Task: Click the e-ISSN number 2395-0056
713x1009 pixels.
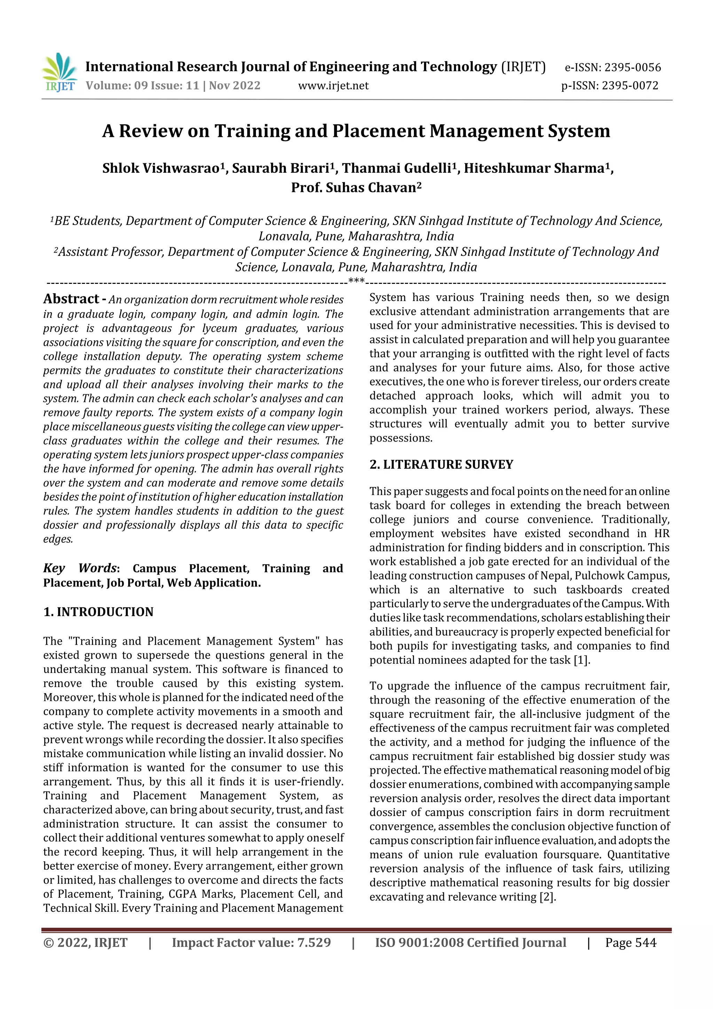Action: (633, 68)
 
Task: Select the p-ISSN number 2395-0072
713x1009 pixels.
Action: (630, 86)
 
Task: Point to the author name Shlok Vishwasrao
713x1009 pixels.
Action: (161, 168)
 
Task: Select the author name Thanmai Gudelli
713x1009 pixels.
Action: (397, 168)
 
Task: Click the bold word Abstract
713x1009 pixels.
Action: (71, 299)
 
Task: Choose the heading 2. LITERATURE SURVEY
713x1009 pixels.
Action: (441, 465)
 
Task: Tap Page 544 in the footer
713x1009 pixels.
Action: (630, 942)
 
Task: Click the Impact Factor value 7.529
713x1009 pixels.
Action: (314, 942)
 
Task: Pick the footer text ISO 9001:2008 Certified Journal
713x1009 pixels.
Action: (470, 942)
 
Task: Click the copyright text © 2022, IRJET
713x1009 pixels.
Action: (85, 942)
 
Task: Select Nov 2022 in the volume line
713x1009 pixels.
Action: (235, 85)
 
